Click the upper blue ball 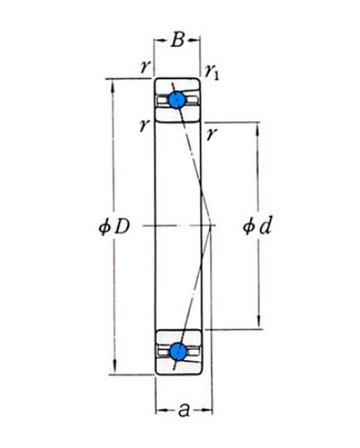[177, 100]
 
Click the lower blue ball [177, 352]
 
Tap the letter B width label [177, 40]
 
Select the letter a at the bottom [183, 410]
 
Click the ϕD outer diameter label [114, 227]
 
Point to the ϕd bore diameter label [257, 226]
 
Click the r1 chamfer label [212, 73]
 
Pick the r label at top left [145, 67]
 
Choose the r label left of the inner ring [145, 126]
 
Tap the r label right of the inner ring [212, 134]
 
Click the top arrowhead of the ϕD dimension [113, 84]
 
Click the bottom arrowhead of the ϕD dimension [114, 368]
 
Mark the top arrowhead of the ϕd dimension [257, 129]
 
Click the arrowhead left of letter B [160, 40]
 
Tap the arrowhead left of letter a [161, 410]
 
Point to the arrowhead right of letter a [206, 410]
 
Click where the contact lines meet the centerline [211, 226]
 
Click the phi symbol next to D [105, 228]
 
